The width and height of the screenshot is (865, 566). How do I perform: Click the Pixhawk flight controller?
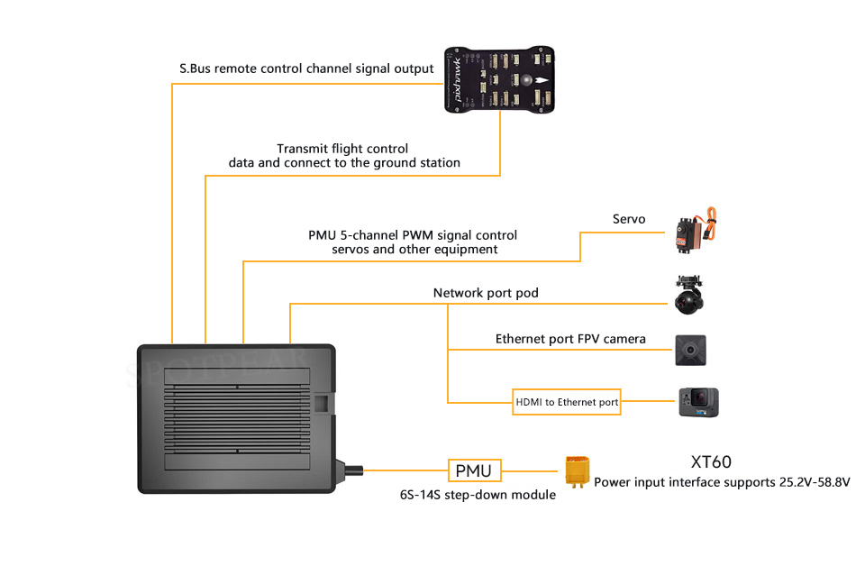tap(501, 79)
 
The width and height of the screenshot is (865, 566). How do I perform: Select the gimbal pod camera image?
tap(690, 295)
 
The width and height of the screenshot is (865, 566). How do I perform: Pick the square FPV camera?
tap(690, 349)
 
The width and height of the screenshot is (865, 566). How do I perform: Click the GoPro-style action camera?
tap(698, 401)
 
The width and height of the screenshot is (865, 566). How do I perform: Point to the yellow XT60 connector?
tap(576, 471)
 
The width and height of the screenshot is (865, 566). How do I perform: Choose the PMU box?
tap(474, 470)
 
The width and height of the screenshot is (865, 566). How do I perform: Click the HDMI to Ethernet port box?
tap(567, 402)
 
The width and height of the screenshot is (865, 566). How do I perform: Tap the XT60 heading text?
tap(711, 462)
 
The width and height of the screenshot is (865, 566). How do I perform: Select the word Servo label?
tap(629, 219)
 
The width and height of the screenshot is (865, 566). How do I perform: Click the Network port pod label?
tap(486, 293)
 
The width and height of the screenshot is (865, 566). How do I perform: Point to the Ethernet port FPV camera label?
tap(570, 339)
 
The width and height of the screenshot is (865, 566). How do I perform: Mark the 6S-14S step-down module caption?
tap(478, 495)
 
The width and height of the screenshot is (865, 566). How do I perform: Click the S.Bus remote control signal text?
tap(306, 68)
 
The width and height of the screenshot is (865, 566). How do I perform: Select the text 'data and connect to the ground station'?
tap(344, 163)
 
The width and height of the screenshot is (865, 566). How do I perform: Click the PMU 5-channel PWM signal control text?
tap(413, 235)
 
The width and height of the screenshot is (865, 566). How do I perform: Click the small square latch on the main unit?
tap(322, 402)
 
